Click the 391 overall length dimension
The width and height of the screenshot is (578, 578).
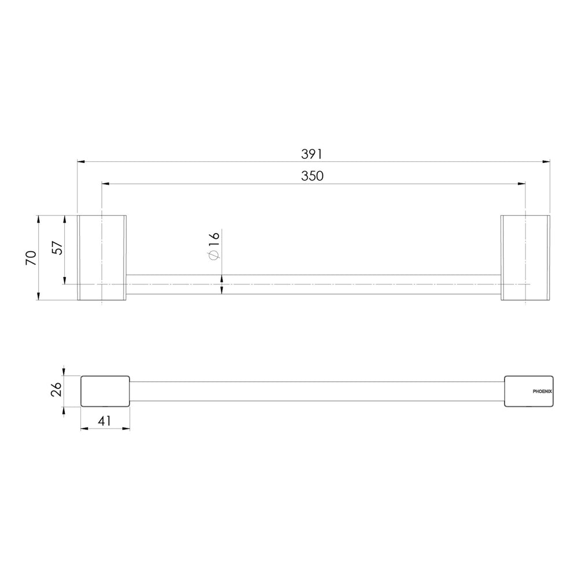[312, 154]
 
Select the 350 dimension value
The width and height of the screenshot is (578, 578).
[312, 176]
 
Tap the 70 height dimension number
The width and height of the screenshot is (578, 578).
[31, 257]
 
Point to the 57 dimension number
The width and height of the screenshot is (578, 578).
[57, 248]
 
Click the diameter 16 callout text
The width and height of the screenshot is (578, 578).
[214, 245]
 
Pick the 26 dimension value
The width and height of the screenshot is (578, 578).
[56, 389]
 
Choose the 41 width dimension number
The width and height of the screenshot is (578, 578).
[105, 421]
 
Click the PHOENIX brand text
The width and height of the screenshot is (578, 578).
[542, 391]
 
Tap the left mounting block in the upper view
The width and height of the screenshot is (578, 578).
[102, 258]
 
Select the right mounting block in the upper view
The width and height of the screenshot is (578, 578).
[525, 258]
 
